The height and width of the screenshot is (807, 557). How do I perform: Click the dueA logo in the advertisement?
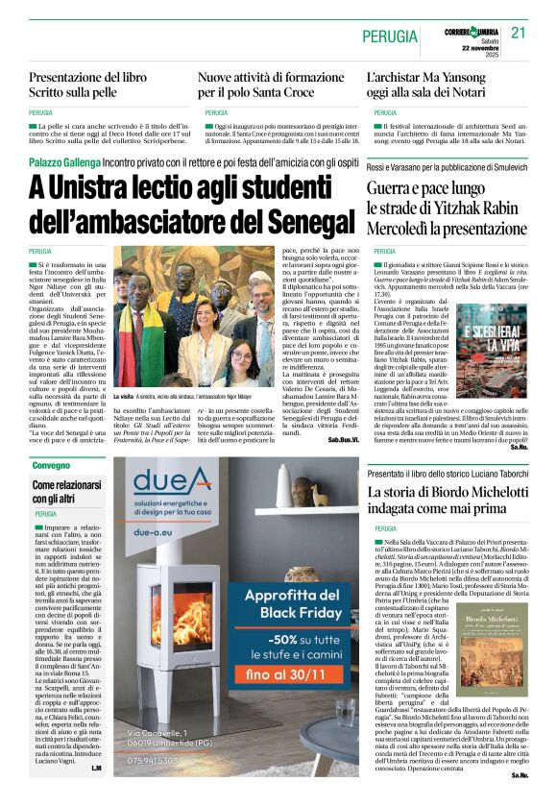click(173, 481)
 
